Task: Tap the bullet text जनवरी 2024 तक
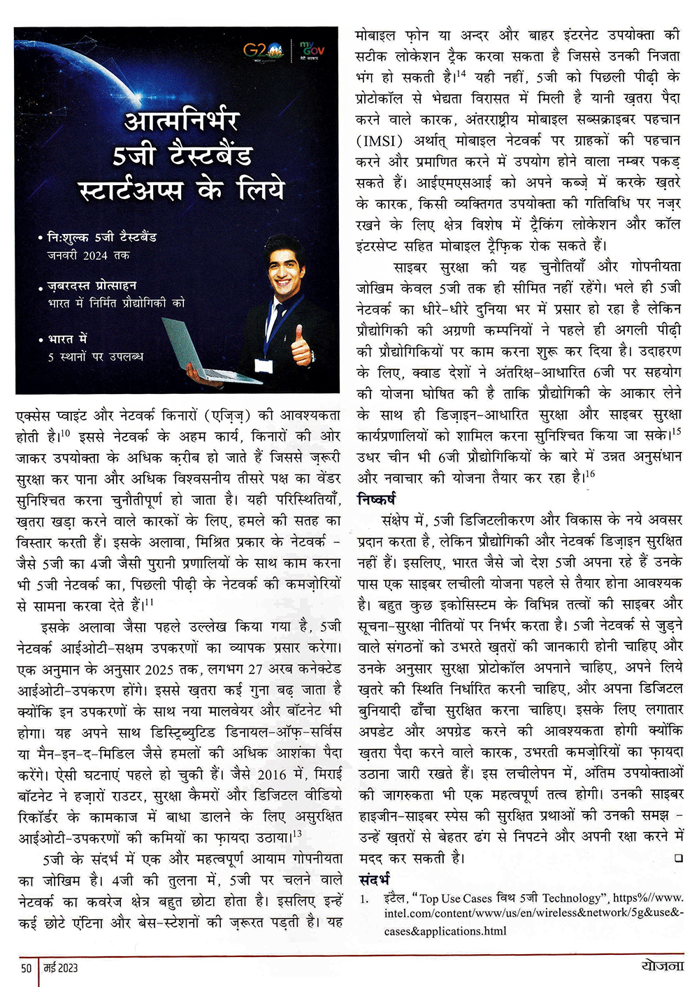tap(88, 256)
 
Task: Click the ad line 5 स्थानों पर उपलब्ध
tap(95, 356)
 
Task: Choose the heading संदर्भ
tap(373, 879)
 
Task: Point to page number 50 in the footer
tap(27, 967)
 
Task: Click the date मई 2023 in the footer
tap(61, 967)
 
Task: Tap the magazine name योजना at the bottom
tap(661, 966)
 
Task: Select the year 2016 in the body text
tap(272, 774)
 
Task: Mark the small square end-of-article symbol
tap(678, 858)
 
